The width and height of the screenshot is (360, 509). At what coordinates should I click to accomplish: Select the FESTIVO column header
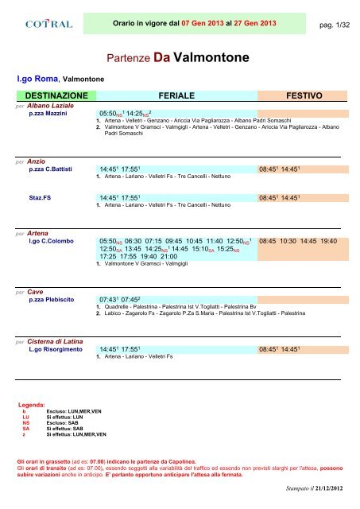[x=296, y=94]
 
